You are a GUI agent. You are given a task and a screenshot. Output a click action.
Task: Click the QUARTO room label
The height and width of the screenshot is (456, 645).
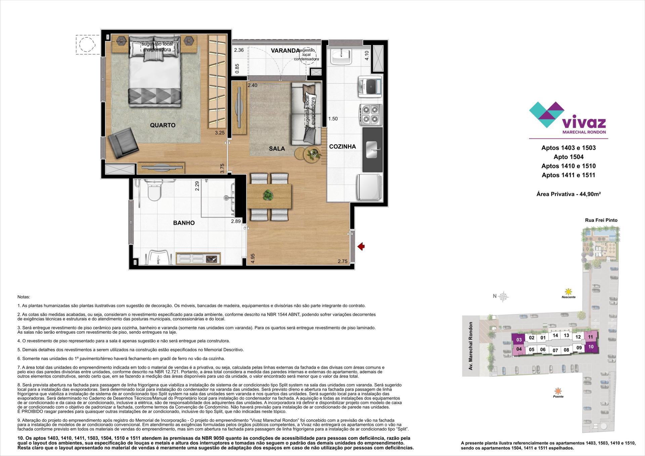[x=163, y=125]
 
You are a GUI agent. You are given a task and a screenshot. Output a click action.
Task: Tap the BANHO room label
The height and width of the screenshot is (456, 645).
[x=184, y=223]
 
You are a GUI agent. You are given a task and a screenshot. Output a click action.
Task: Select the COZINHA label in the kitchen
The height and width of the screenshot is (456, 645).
[x=342, y=147]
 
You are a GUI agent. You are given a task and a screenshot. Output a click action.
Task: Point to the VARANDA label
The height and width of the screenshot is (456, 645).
[x=285, y=51]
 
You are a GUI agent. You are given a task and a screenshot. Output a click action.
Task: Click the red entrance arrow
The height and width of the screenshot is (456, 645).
[x=361, y=247]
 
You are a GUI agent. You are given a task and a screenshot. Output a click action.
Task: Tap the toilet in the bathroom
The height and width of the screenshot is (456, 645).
[x=154, y=191]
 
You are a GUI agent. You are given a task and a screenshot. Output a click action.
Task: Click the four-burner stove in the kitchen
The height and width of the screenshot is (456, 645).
[x=371, y=114]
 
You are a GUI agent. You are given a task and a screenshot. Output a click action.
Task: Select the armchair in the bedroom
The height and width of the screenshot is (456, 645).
[x=123, y=144]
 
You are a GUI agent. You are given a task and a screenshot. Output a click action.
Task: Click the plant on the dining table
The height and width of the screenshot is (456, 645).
[x=268, y=195]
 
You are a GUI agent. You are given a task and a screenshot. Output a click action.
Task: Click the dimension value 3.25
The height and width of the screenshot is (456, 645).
[x=219, y=133]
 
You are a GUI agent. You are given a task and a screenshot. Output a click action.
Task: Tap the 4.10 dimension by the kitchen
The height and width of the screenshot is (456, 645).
[x=367, y=55]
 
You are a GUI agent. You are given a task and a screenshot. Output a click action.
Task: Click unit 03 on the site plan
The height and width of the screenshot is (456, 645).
[x=519, y=340]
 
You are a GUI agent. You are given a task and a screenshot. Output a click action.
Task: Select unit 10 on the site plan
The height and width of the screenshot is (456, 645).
[x=591, y=346]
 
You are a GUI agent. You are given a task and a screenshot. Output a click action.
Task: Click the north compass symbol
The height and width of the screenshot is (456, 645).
[x=503, y=296]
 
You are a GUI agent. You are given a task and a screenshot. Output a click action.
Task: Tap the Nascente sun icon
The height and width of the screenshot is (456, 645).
[x=568, y=291]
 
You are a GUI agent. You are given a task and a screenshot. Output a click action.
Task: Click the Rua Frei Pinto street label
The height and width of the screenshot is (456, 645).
[x=601, y=220]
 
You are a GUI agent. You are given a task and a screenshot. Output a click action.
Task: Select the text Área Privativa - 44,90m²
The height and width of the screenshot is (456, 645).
[x=568, y=194]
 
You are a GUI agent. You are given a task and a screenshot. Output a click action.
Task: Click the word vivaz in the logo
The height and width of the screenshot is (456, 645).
[x=584, y=122]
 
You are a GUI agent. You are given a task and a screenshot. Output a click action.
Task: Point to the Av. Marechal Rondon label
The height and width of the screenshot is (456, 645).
[x=471, y=346]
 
